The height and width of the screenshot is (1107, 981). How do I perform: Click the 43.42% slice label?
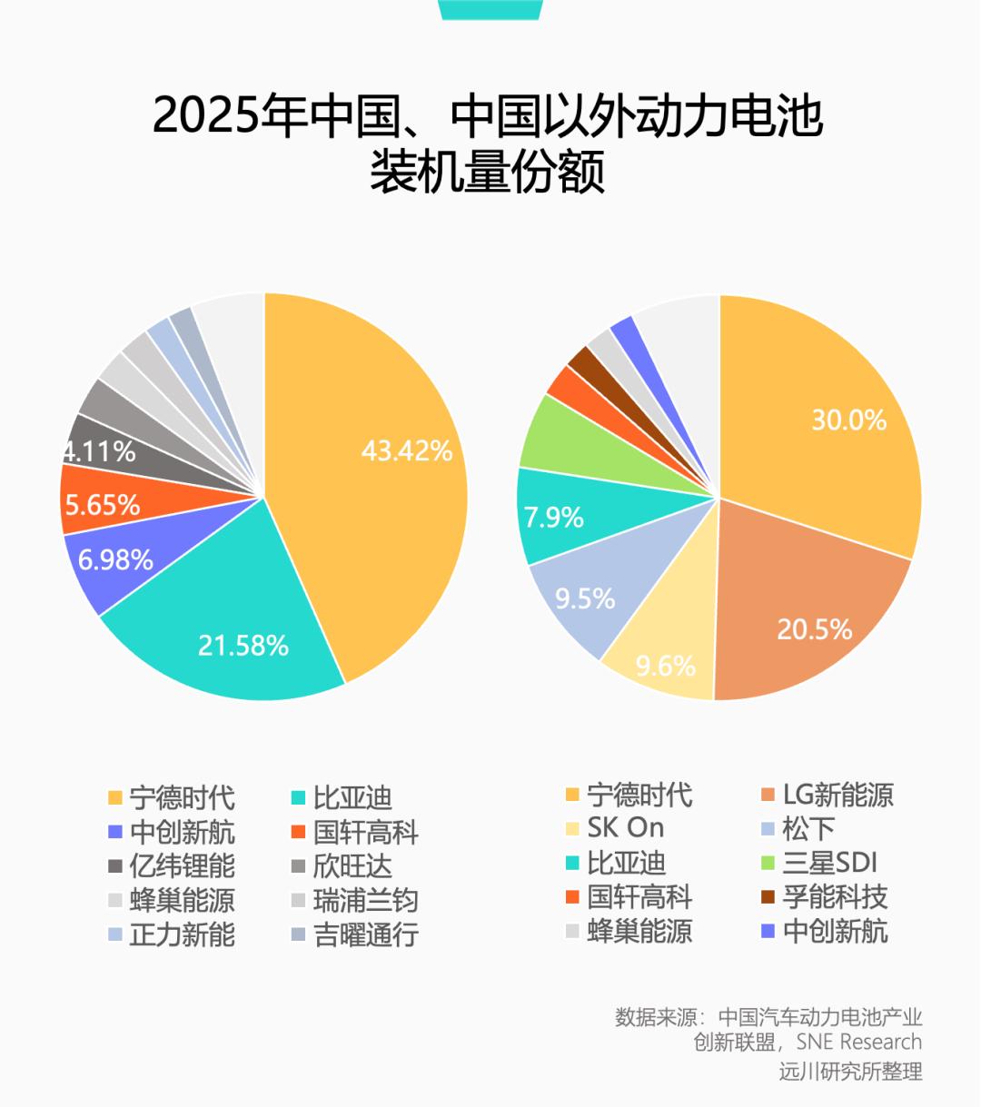tap(407, 450)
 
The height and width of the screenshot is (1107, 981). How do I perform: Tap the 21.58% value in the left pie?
tap(243, 646)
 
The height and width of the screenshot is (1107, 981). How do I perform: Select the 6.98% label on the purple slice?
tap(115, 559)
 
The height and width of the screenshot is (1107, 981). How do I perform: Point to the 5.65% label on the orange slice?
tap(102, 505)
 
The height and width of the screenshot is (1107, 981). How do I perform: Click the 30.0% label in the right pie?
tap(848, 420)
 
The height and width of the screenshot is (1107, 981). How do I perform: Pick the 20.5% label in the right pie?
tap(814, 629)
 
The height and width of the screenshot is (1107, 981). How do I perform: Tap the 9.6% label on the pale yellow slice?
tap(665, 666)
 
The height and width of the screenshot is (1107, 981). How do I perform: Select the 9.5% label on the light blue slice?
tap(585, 598)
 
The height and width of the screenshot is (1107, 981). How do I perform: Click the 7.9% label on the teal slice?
tap(553, 518)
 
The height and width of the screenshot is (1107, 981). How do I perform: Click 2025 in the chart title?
tap(205, 117)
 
